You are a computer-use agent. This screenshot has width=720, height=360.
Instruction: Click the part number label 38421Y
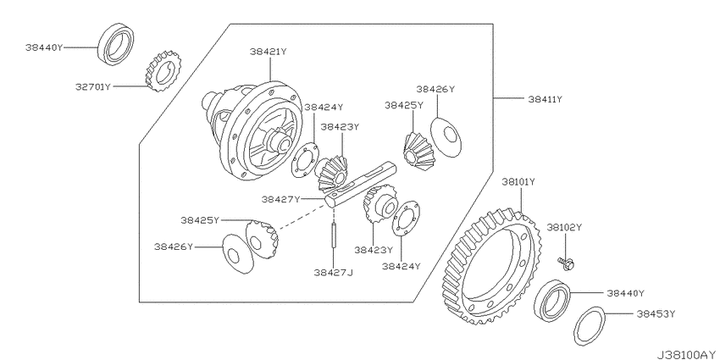269,52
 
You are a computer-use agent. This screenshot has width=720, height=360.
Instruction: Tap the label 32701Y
94,86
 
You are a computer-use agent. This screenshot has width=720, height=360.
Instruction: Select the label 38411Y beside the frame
545,99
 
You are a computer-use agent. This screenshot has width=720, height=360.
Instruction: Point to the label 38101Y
518,182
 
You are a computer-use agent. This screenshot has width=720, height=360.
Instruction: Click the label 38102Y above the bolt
564,227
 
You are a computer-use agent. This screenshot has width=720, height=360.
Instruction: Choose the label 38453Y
656,314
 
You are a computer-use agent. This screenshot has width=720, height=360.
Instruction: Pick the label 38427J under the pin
334,273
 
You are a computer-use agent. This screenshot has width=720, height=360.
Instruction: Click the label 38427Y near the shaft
280,199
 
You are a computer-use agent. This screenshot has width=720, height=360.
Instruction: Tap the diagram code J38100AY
688,354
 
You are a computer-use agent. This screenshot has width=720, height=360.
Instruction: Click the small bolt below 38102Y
566,263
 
